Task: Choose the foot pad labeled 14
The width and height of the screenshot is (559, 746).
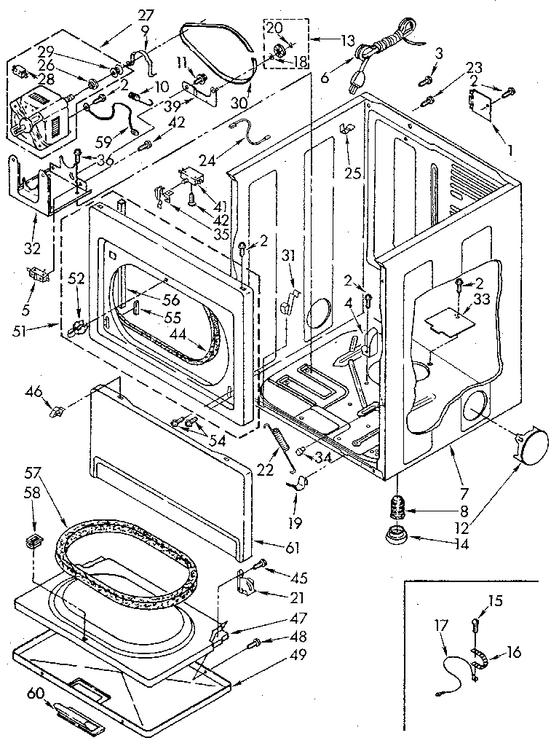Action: point(397,537)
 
